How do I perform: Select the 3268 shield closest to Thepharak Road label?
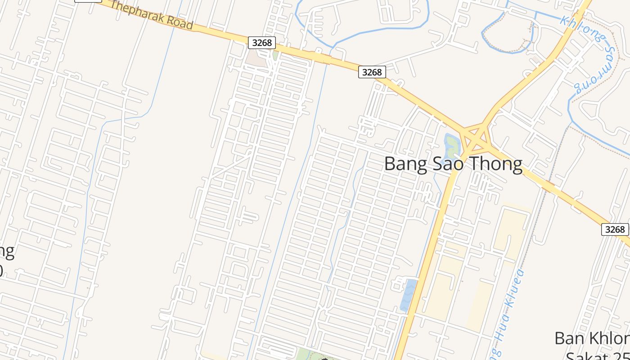(x=262, y=43)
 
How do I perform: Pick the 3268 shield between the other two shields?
(x=372, y=72)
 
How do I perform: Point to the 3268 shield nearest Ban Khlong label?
(x=615, y=229)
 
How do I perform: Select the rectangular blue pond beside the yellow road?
(x=409, y=295)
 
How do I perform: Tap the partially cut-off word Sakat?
(x=589, y=355)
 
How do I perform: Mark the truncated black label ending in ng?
(x=7, y=252)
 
